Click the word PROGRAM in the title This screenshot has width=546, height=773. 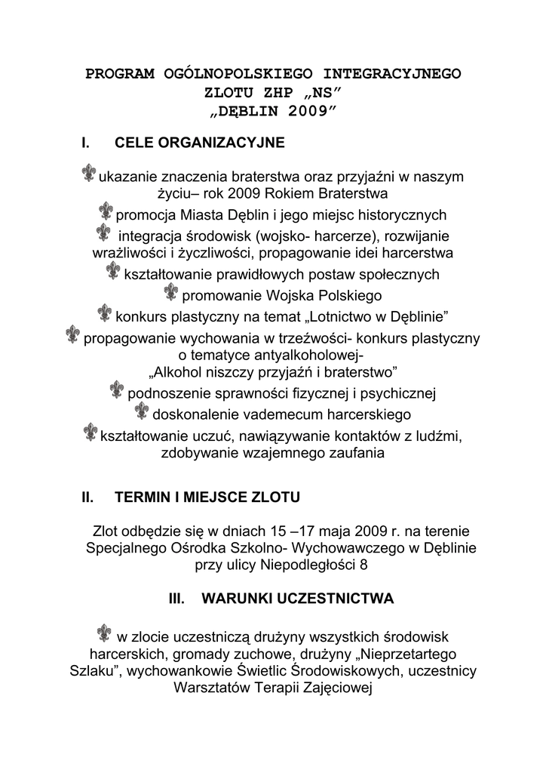point(120,73)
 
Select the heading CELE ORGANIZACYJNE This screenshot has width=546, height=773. point(199,143)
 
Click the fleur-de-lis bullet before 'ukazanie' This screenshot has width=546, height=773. point(88,174)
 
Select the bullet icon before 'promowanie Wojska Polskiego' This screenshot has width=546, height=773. point(171,292)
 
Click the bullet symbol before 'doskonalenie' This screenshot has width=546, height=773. point(142,411)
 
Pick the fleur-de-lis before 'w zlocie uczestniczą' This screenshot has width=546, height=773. point(105,633)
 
